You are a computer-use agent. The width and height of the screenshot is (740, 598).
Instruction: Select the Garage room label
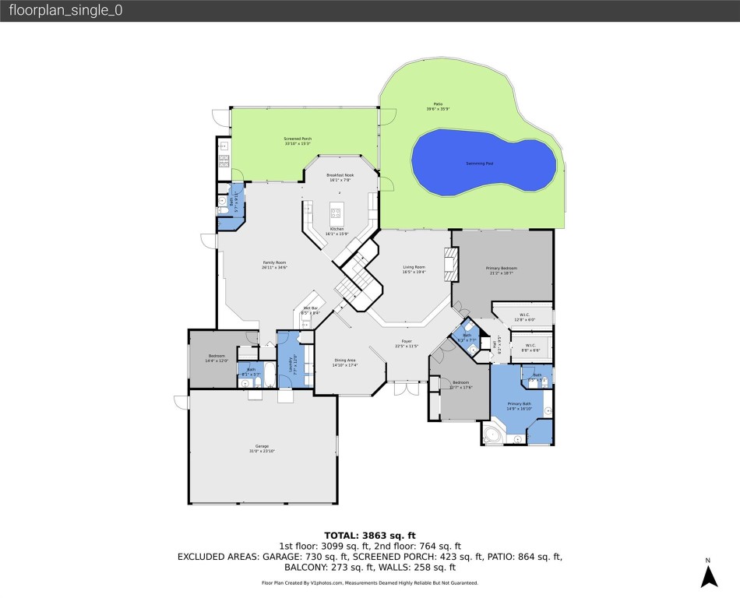click(262, 446)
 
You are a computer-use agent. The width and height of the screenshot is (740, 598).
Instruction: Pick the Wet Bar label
click(310, 309)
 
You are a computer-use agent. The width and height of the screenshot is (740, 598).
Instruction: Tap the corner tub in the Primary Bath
click(494, 434)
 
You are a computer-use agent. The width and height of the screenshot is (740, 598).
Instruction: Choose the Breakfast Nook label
click(340, 175)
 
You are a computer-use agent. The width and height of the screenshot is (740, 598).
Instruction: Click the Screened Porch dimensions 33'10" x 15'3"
click(298, 143)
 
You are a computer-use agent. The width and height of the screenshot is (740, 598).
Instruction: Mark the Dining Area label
click(345, 361)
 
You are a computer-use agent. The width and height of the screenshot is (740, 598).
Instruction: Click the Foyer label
click(406, 341)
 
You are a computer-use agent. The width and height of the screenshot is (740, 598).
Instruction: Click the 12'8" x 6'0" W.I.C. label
click(526, 317)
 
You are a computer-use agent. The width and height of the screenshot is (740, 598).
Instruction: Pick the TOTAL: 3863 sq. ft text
click(369, 535)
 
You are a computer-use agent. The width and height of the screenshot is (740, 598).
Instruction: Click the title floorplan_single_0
click(65, 11)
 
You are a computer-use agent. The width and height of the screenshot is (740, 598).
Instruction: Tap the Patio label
click(439, 104)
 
